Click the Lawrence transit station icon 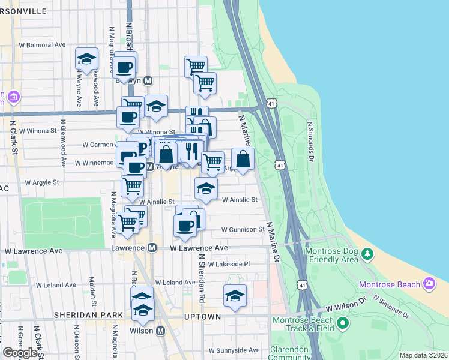(152, 247)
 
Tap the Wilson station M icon (160, 331)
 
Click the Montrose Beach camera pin (429, 283)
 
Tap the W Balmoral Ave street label (42, 44)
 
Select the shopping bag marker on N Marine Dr (243, 160)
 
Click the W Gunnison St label (243, 229)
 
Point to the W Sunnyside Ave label (234, 350)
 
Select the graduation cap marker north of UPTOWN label (235, 295)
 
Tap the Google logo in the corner (20, 353)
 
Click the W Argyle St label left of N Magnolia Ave (42, 182)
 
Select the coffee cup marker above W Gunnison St (184, 225)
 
